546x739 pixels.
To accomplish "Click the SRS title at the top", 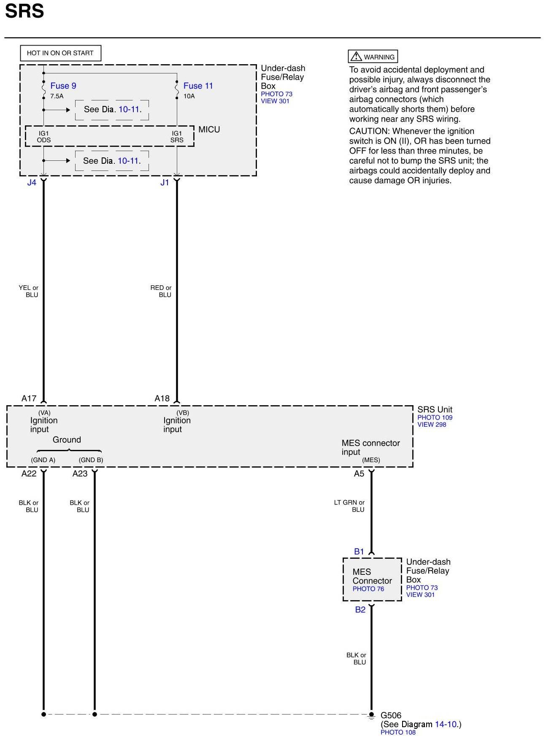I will coord(24,11).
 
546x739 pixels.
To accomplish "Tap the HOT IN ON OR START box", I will coord(60,53).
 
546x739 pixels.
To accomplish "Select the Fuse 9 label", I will coord(63,86).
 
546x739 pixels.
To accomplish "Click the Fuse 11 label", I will coord(198,86).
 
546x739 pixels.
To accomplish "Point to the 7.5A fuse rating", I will coord(57,96).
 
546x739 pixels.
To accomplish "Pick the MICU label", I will coord(209,130).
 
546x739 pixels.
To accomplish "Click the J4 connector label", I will coord(32,183).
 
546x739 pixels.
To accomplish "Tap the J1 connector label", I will coord(165,183).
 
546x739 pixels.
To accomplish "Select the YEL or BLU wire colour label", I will coord(29,291).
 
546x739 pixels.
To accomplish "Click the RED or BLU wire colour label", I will coord(161,291).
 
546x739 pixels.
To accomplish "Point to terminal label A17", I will coord(29,398).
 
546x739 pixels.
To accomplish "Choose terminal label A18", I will coord(162,398).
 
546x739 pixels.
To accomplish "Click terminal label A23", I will coord(80,474).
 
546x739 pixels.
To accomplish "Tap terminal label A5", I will coord(359,474).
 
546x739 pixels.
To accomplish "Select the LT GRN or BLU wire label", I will coord(349,506).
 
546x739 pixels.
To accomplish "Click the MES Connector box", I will coord(372,579).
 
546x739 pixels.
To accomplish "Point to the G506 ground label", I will coord(391,715).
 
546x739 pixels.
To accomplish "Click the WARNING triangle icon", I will coord(357,56).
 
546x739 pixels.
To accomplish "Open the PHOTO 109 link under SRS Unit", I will coord(435,417).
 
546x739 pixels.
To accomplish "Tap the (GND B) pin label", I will coord(91,460).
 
